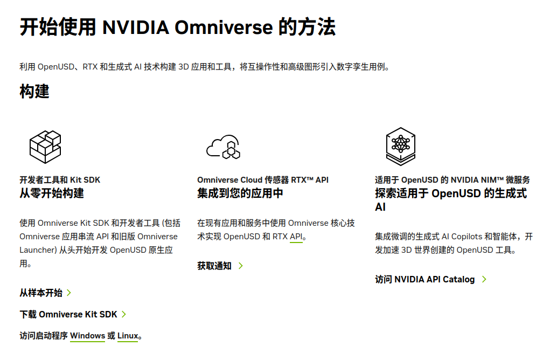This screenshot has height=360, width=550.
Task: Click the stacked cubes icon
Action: click(x=45, y=147)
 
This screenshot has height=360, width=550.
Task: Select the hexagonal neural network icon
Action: click(x=401, y=146)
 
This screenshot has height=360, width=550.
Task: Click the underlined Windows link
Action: click(x=87, y=336)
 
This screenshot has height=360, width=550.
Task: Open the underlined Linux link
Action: click(x=128, y=336)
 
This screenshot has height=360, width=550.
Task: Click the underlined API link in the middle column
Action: click(x=296, y=237)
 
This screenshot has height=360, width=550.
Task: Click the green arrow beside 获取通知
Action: click(x=241, y=266)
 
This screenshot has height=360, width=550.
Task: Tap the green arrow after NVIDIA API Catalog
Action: click(x=484, y=279)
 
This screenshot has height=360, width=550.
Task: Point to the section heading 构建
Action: click(x=34, y=91)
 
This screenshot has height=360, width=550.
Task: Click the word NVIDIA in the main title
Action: click(x=136, y=27)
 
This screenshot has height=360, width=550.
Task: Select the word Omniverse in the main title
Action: click(x=224, y=27)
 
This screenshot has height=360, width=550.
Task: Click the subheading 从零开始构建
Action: click(x=52, y=193)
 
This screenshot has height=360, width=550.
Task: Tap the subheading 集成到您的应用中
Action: click(x=240, y=193)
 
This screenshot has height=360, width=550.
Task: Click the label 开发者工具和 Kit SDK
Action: click(x=60, y=180)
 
